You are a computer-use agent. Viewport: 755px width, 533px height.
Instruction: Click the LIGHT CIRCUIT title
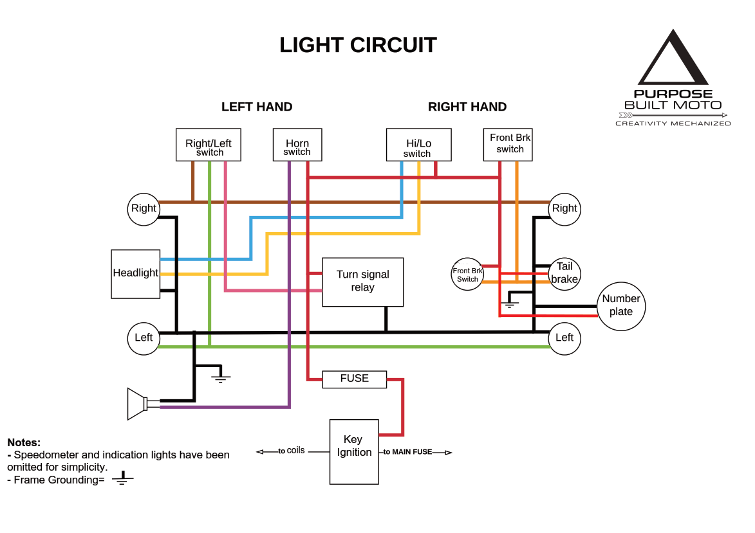[x=358, y=46]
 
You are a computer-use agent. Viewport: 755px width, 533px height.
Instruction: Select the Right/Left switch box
[x=209, y=145]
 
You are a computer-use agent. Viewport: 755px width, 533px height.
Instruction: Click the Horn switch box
[x=297, y=145]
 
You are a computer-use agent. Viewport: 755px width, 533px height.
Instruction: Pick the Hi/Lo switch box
[x=418, y=145]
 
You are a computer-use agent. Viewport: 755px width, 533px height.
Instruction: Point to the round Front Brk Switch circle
[x=467, y=275]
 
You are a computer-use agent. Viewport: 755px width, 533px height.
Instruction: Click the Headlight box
[x=135, y=274]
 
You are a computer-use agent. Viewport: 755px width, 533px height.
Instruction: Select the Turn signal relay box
[x=362, y=282]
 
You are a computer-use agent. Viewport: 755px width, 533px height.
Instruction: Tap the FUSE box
[x=354, y=379]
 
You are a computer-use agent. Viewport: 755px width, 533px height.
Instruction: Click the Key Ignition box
[x=354, y=451]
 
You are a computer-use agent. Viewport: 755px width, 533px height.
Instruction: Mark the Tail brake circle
[x=564, y=273]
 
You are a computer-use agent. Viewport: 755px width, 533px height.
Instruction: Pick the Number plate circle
[x=621, y=305]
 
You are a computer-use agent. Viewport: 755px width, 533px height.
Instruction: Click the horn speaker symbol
[x=137, y=404]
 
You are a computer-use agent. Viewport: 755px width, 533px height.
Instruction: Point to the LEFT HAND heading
[x=257, y=107]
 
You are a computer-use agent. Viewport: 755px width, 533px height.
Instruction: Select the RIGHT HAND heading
[x=467, y=107]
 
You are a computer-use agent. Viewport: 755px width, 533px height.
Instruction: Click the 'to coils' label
[x=292, y=451]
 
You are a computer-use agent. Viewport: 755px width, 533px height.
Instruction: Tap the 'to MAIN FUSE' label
[x=408, y=452]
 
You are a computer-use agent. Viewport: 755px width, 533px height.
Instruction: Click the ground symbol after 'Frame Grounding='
[x=122, y=478]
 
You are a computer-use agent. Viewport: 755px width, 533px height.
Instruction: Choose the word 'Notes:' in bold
[x=24, y=442]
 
